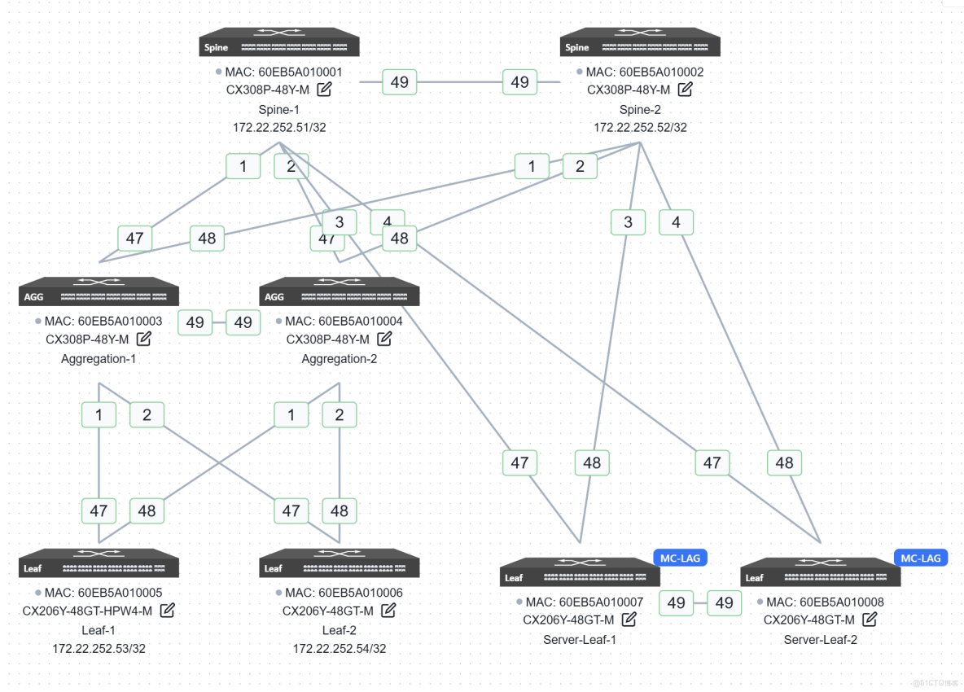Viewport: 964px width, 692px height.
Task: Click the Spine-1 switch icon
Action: click(x=279, y=42)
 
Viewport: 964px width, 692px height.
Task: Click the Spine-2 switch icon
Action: click(x=640, y=42)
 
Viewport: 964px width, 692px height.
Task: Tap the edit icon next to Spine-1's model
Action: click(x=324, y=90)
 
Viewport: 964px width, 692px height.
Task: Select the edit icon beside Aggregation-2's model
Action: click(x=384, y=339)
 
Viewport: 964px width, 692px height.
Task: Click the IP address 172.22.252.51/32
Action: click(x=279, y=128)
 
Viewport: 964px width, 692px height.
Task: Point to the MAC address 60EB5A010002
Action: click(x=644, y=72)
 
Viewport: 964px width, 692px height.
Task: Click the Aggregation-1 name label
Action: click(x=99, y=359)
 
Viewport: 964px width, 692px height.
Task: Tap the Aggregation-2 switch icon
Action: click(x=339, y=292)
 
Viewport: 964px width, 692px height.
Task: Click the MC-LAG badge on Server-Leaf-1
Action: click(x=680, y=558)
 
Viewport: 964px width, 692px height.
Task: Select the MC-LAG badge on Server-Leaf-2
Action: click(x=921, y=558)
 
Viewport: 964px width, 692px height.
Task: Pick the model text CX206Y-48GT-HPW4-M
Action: click(x=87, y=611)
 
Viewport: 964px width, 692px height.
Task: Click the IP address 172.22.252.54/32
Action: click(x=340, y=649)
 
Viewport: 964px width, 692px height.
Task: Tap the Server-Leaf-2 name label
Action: click(x=820, y=640)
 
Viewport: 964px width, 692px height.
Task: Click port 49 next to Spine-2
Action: click(x=520, y=82)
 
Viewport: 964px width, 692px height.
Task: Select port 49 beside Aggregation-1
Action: click(x=195, y=322)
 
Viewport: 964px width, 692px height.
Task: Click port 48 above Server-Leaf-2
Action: click(x=784, y=462)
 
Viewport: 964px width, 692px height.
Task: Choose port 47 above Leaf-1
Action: click(x=99, y=511)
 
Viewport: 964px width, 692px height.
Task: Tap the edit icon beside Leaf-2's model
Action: click(x=388, y=611)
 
